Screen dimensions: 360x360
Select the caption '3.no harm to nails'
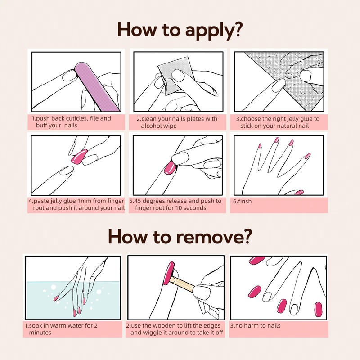coord(255,325)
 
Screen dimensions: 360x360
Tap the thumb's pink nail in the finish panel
coord(299,193)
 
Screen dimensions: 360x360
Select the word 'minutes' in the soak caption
coord(40,333)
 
